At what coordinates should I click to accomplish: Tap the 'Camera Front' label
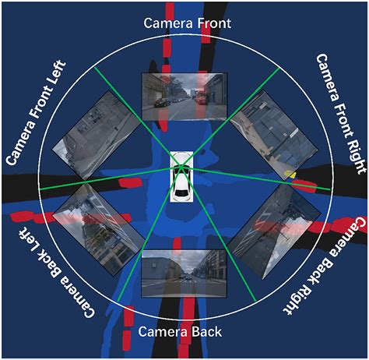[x=187, y=23]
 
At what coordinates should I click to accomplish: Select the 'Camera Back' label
[x=184, y=332]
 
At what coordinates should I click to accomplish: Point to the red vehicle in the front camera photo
[x=201, y=97]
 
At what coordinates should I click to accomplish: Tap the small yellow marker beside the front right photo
[x=290, y=173]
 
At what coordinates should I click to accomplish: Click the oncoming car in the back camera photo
[x=187, y=277]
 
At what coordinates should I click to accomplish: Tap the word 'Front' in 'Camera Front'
[x=213, y=23]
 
